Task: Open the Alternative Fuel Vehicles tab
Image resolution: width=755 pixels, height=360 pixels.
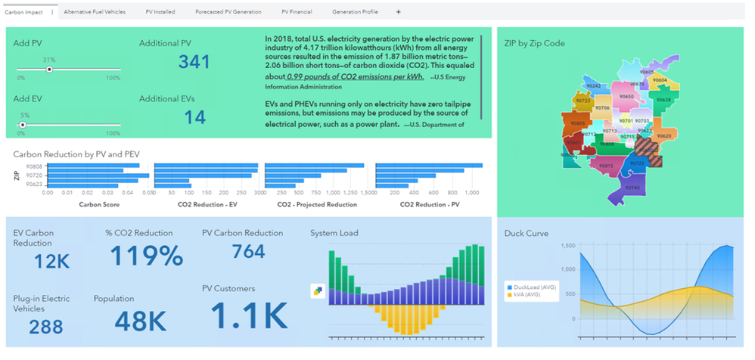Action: [95, 12]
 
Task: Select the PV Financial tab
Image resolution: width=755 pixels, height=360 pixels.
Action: [297, 12]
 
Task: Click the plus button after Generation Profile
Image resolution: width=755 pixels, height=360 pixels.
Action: [398, 12]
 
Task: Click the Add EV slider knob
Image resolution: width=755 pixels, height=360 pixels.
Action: [23, 125]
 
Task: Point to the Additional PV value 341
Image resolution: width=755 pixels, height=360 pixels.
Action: [194, 62]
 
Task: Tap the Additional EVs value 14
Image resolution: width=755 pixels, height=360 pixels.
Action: [194, 117]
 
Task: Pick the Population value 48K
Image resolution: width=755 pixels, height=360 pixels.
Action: [140, 321]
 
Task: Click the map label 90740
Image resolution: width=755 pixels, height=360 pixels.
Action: [633, 188]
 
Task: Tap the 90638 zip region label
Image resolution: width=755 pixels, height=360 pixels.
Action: [663, 100]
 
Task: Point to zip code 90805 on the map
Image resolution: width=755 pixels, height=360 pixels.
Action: [578, 123]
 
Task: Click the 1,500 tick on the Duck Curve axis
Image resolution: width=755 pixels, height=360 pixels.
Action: [565, 246]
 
